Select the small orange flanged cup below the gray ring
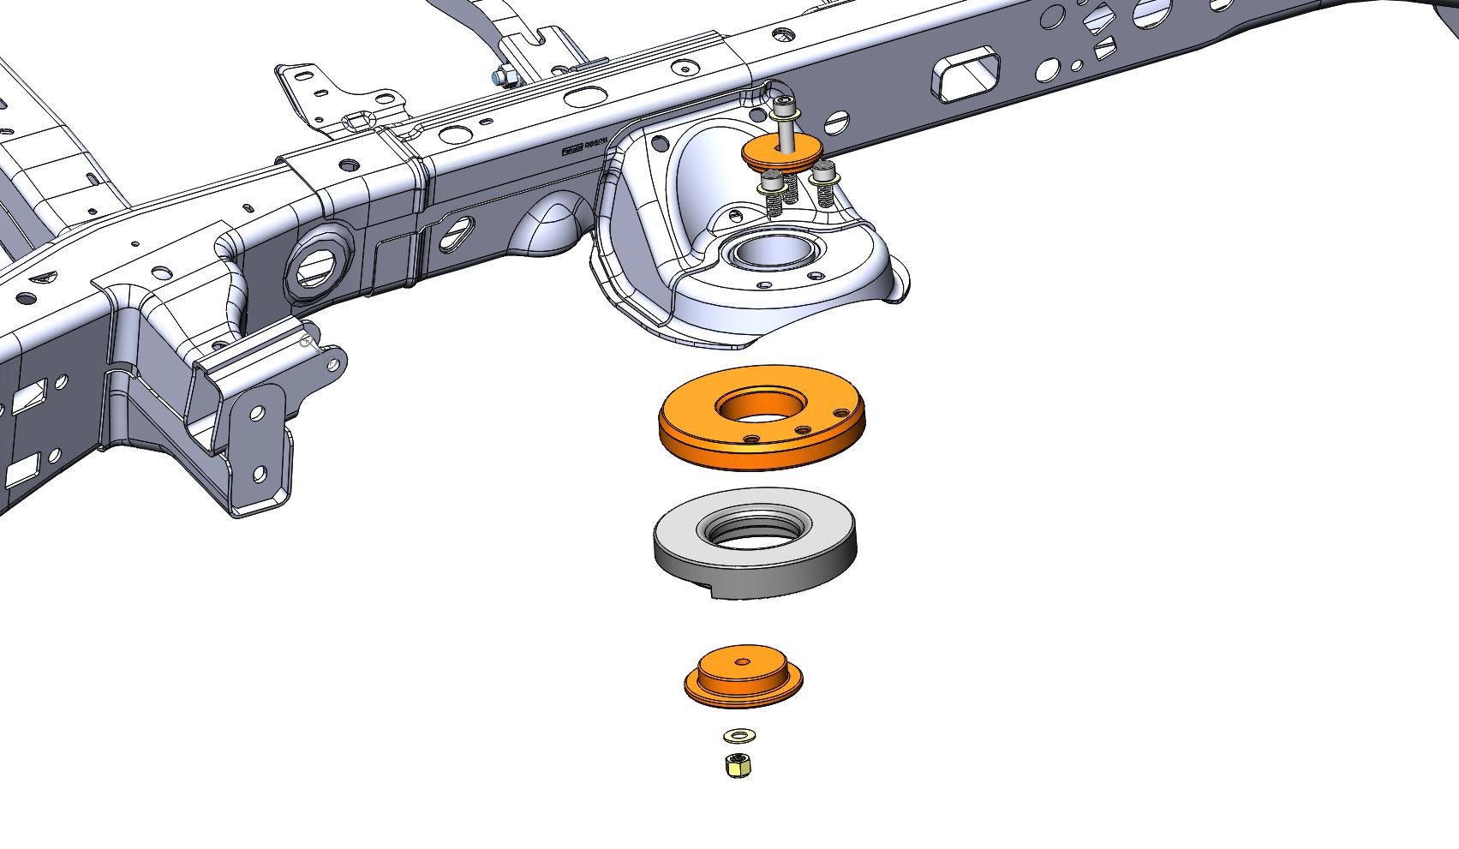(743, 679)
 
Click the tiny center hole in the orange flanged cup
(742, 661)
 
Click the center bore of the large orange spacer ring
(761, 405)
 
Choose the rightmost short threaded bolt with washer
(825, 184)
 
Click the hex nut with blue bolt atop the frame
(505, 78)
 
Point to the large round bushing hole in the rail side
(318, 266)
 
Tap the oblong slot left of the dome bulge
(457, 234)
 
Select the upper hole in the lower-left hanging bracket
(256, 413)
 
